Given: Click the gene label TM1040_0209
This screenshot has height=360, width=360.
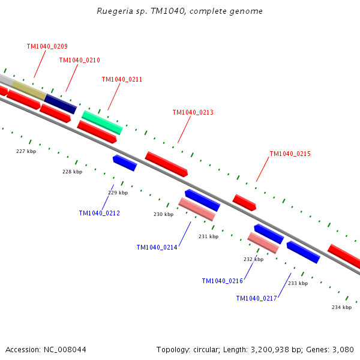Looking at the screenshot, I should (x=47, y=46).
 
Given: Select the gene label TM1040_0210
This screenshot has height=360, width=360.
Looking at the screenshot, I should (x=79, y=60).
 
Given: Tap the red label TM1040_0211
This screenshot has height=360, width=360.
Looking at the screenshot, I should (x=122, y=79).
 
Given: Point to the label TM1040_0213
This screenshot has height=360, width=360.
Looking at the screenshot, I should (x=193, y=112).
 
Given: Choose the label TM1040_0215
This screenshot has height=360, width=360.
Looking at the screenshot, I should (x=290, y=154).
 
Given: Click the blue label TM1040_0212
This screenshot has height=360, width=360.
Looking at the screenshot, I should (x=99, y=213).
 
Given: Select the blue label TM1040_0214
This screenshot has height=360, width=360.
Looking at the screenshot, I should (x=157, y=247).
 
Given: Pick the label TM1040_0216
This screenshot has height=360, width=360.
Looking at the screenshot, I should (x=222, y=281).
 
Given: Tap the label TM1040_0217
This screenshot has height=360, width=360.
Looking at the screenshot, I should (x=256, y=298).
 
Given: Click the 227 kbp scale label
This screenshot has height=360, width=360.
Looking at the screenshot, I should (x=26, y=151).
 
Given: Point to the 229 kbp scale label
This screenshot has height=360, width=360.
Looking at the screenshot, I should (x=118, y=193).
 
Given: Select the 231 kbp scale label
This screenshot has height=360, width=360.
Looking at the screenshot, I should (x=208, y=236).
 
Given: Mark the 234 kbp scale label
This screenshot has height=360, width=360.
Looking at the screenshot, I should (x=341, y=307).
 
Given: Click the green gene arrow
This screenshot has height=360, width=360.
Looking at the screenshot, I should (x=102, y=122).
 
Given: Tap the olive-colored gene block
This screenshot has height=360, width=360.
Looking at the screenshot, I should (x=29, y=90).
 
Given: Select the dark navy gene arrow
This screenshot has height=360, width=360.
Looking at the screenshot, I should (x=61, y=103).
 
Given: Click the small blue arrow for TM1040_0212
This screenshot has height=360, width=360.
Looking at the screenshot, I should (x=125, y=162).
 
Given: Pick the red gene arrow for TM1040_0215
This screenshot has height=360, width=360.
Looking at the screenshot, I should (x=244, y=202).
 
